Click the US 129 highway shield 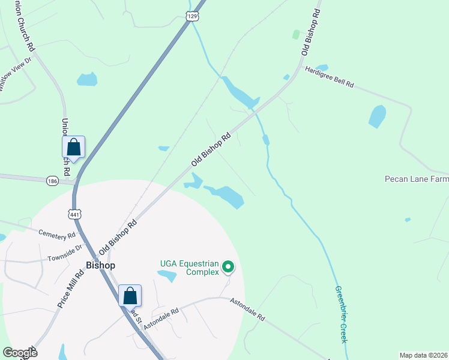(191, 16)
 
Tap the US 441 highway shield (74, 214)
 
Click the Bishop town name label (100, 265)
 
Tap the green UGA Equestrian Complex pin (228, 266)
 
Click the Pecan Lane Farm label (417, 179)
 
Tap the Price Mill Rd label (71, 289)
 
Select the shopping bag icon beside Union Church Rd (73, 148)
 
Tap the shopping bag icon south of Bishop (130, 296)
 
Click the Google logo (20, 353)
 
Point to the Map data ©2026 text (423, 355)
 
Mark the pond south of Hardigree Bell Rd (377, 116)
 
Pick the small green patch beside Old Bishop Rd (295, 34)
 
